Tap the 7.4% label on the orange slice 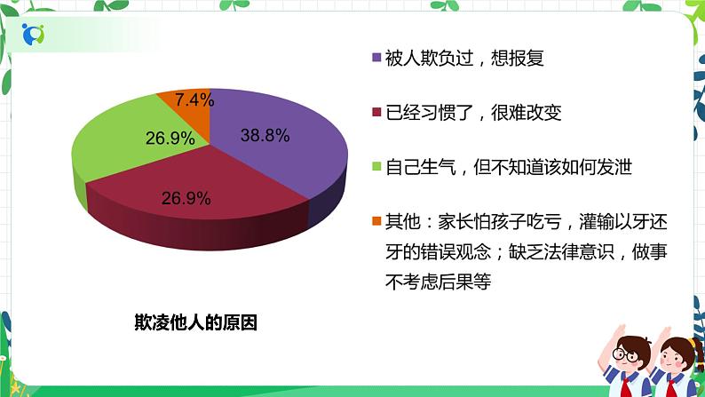tap(194, 100)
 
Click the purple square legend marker tap(376, 59)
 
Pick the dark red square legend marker tap(376, 113)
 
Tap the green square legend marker tap(376, 166)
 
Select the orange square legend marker tap(376, 220)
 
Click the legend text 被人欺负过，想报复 tap(463, 59)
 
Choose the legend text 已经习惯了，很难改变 tap(472, 113)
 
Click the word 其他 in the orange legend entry tap(400, 220)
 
